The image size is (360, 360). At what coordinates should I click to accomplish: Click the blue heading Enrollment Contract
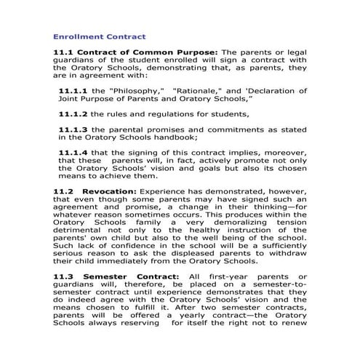(100, 36)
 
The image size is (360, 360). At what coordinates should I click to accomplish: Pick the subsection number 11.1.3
(73, 129)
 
